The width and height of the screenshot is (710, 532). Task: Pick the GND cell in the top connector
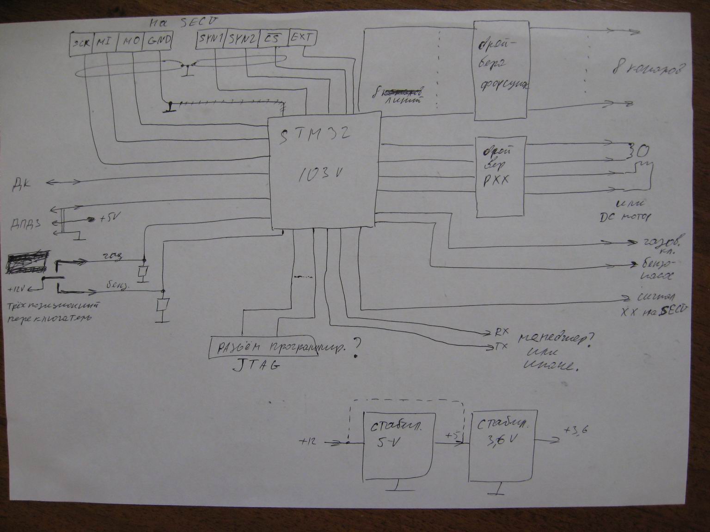click(x=159, y=42)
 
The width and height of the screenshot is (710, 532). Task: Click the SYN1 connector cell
click(x=211, y=39)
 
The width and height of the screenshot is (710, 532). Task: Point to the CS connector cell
click(x=273, y=38)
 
